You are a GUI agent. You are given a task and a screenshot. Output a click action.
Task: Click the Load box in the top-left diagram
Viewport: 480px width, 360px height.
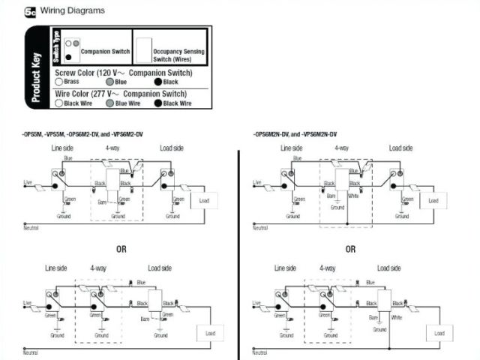coord(204,201)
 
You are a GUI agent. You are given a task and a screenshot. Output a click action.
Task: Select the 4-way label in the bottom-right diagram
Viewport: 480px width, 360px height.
coord(328,268)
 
